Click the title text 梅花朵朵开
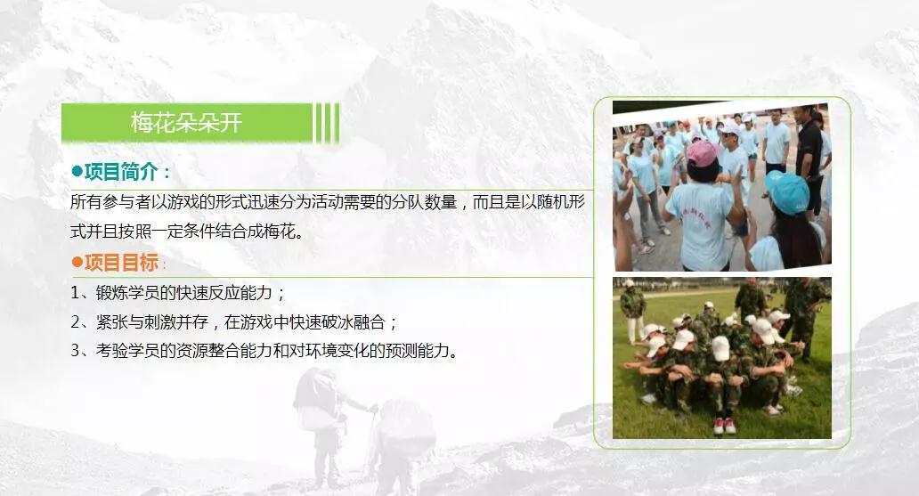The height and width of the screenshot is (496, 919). (186, 123)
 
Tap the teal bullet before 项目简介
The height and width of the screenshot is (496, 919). (77, 172)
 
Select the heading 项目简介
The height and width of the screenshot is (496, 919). (121, 172)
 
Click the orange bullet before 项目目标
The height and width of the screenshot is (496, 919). (77, 262)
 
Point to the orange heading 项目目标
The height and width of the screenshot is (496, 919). (121, 262)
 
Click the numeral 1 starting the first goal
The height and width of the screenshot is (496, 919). (75, 293)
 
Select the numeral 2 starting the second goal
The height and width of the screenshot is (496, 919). (76, 321)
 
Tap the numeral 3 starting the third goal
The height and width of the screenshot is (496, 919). (76, 351)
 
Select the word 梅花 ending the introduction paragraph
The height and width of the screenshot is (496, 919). (280, 231)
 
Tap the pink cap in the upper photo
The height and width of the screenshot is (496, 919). (702, 153)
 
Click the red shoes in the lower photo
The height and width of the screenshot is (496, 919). (724, 426)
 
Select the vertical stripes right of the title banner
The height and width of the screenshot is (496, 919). (327, 123)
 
